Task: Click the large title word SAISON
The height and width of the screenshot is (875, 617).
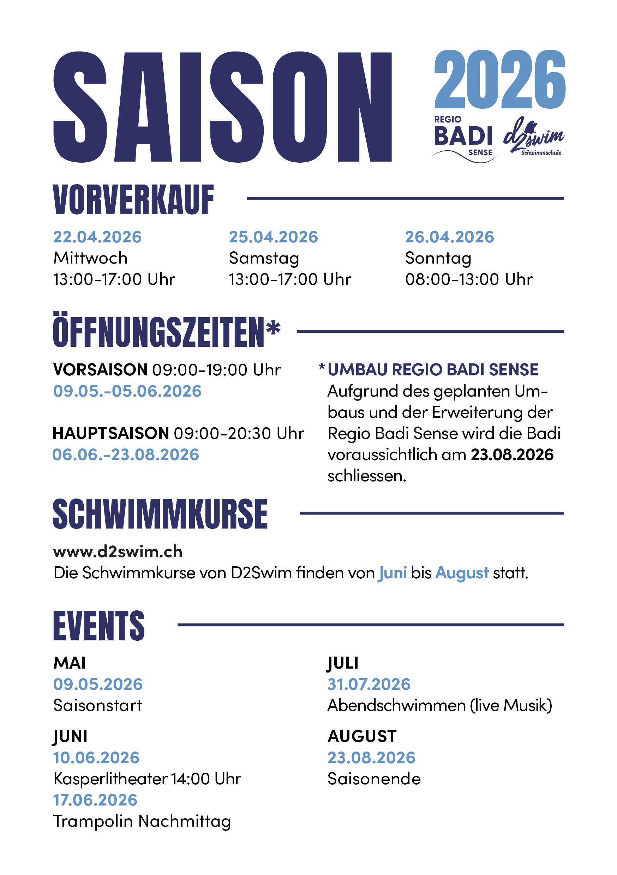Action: coord(223,107)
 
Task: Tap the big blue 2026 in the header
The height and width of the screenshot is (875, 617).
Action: coord(499,79)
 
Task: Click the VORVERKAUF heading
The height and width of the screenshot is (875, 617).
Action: coord(133,200)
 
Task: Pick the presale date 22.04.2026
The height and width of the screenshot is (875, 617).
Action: coord(97,237)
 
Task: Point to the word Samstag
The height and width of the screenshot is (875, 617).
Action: coord(264,258)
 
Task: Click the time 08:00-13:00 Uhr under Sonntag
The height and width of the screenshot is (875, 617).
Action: coord(468,279)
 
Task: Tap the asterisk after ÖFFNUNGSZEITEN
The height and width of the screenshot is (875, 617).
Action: coord(273,328)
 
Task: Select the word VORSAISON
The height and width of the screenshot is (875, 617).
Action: coord(100,370)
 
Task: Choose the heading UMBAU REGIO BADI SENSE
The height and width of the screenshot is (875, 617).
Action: coord(433,370)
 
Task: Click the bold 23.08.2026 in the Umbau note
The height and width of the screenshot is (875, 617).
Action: coord(512,455)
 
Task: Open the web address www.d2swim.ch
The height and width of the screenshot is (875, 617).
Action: coord(118,552)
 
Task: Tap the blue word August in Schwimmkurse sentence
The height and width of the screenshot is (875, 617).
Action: coord(462,573)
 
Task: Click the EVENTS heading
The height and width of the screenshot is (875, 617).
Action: coord(99,626)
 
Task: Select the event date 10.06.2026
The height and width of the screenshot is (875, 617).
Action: coord(96,758)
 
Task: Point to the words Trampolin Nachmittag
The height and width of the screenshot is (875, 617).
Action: coord(142,821)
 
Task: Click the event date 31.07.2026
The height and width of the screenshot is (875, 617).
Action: coord(369,684)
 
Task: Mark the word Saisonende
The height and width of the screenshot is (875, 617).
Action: coord(374,779)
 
